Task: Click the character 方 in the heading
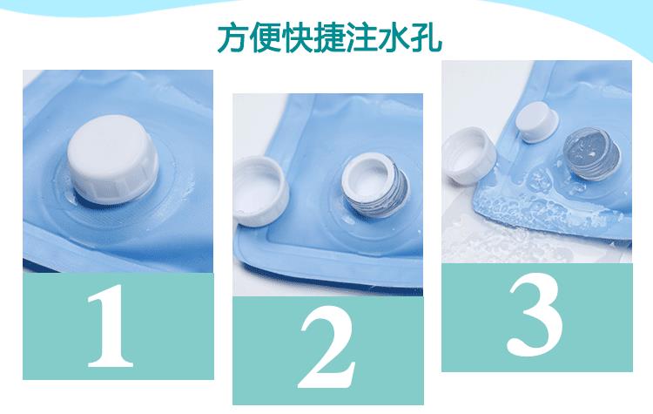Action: (232, 38)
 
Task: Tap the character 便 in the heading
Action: (265, 38)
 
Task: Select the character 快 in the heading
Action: (297, 38)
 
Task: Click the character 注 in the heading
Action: (361, 38)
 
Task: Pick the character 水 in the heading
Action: (394, 38)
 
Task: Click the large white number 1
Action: (111, 326)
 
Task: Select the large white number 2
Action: (327, 347)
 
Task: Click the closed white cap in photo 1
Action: (112, 159)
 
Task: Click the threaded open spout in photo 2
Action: (374, 185)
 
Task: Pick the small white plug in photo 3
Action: (536, 122)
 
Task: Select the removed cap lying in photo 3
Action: (469, 154)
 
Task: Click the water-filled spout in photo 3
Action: (591, 154)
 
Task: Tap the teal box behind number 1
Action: (118, 326)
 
